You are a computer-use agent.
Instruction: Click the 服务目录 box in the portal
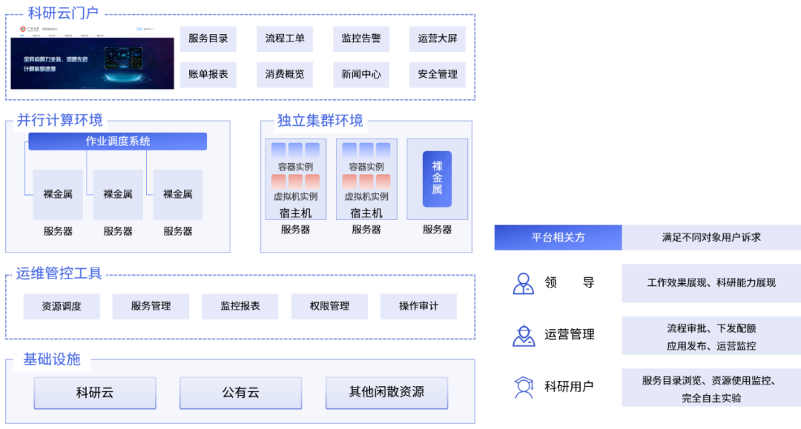[x=208, y=39]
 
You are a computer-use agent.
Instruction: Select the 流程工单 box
[x=285, y=39]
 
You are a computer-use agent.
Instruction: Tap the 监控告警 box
[x=361, y=39]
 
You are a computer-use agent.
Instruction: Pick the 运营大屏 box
[x=438, y=39]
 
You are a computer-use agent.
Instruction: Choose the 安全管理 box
[x=438, y=74]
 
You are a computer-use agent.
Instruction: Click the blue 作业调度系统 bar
[x=118, y=141]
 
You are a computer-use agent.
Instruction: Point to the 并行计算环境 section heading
[x=59, y=119]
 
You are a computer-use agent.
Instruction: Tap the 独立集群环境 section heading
[x=320, y=120]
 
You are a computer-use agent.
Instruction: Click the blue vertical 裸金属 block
[x=437, y=179]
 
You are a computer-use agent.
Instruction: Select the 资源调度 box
[x=62, y=306]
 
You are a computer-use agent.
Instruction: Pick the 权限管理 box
[x=329, y=306]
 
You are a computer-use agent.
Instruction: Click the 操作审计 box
[x=418, y=306]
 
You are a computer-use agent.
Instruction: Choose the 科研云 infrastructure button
[x=95, y=393]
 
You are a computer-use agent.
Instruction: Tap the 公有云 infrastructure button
[x=240, y=393]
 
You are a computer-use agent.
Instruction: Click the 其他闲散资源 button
[x=386, y=393]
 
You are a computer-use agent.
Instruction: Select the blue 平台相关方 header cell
[x=558, y=238]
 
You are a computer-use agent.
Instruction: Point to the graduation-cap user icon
[x=524, y=388]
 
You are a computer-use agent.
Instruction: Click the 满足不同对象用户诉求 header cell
[x=711, y=238]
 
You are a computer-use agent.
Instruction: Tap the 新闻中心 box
[x=361, y=74]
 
